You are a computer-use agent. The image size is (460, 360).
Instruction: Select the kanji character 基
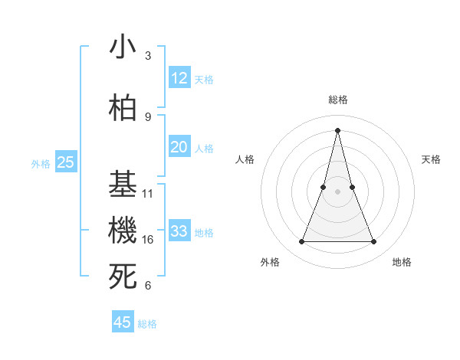tap(123, 185)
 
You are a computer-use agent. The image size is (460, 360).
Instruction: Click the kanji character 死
tap(123, 277)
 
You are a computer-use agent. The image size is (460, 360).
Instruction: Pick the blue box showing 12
tap(179, 78)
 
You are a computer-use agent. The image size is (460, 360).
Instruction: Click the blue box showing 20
tap(179, 148)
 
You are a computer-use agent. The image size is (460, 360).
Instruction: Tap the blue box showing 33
tap(179, 232)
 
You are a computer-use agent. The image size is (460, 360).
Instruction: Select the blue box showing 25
tap(66, 162)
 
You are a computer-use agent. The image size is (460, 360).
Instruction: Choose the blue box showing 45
tap(123, 322)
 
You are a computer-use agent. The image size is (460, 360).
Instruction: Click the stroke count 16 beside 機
tap(148, 240)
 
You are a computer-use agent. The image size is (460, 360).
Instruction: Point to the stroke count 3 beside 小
tap(148, 56)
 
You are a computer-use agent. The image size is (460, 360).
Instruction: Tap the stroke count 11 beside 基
tap(148, 194)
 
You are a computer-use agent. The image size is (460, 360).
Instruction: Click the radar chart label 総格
tap(337, 100)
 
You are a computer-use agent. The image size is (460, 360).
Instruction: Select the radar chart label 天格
tap(431, 159)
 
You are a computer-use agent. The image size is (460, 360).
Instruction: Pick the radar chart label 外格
tap(270, 262)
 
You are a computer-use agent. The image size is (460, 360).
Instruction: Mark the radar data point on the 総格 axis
tap(337, 129)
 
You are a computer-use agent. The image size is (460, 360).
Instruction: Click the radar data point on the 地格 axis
tap(373, 242)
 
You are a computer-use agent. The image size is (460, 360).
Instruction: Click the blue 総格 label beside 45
tap(147, 324)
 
